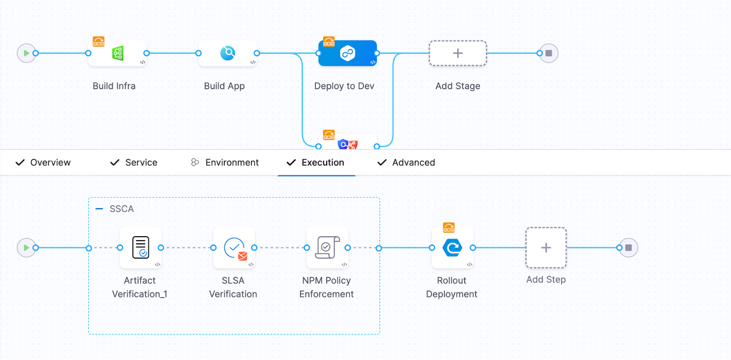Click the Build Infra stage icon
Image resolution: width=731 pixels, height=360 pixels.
(x=117, y=53)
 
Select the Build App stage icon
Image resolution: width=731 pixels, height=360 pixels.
(x=228, y=53)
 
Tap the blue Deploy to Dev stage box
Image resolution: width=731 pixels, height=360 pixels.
(x=347, y=53)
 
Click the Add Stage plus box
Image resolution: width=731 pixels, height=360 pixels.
(x=457, y=53)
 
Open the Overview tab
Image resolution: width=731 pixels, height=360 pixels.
(x=43, y=163)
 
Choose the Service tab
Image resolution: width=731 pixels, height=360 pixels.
(x=134, y=163)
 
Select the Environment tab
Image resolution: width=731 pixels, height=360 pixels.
(x=225, y=163)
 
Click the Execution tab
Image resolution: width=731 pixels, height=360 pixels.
(x=316, y=163)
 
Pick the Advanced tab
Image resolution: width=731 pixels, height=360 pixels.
(x=406, y=163)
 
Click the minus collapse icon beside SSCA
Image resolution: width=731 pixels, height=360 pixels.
(x=99, y=209)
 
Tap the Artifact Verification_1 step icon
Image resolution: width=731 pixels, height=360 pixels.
(x=141, y=248)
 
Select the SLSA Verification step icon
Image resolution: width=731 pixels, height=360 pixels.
(x=234, y=248)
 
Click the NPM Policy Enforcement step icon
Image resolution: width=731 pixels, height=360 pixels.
(x=328, y=248)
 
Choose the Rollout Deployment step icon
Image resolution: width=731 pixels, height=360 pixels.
(x=452, y=248)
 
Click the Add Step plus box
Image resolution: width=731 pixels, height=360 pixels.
(x=546, y=248)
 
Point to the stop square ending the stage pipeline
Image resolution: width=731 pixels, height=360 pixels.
(x=549, y=53)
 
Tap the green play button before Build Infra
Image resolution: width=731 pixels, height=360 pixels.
(x=26, y=53)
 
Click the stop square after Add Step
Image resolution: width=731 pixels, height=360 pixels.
(x=629, y=248)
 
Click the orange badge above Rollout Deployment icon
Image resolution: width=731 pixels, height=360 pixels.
(x=449, y=227)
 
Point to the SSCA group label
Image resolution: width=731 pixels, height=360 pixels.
(x=122, y=209)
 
